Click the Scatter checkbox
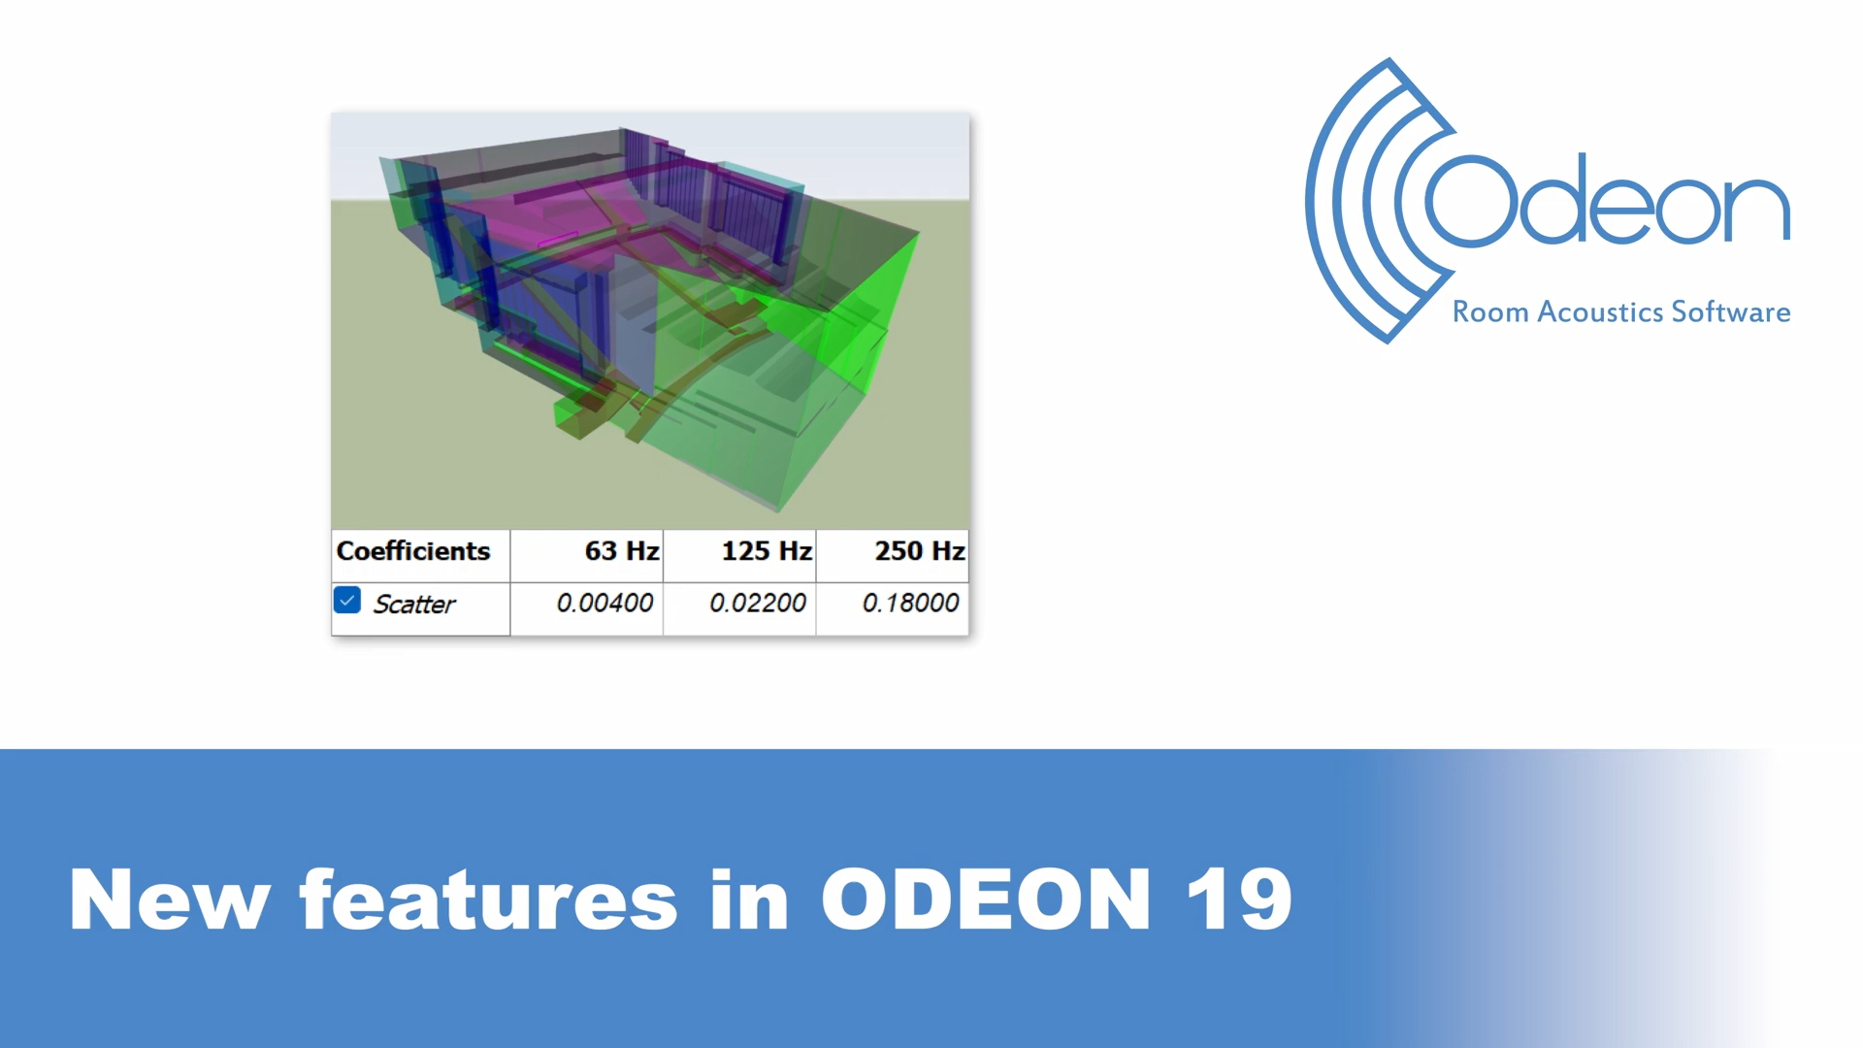[x=347, y=600]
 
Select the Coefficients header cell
[x=420, y=556]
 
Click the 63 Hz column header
[x=587, y=556]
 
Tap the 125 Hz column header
[x=739, y=556]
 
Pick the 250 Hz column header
[x=893, y=556]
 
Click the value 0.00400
[x=605, y=603]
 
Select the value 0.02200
[x=758, y=603]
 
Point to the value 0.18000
[x=910, y=603]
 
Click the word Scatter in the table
[x=414, y=605]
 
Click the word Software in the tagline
[x=1731, y=312]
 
